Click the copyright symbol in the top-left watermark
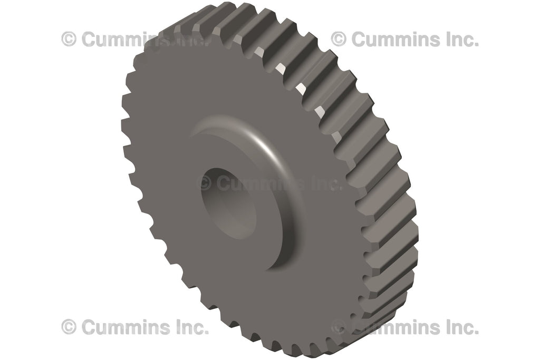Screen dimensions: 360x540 [69, 39]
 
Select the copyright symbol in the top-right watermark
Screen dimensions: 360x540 [339, 39]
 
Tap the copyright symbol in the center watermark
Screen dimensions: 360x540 [204, 183]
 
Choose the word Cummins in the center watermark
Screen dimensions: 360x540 [258, 183]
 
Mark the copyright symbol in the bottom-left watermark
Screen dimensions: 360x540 [69, 327]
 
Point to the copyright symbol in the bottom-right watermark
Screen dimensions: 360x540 [339, 327]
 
